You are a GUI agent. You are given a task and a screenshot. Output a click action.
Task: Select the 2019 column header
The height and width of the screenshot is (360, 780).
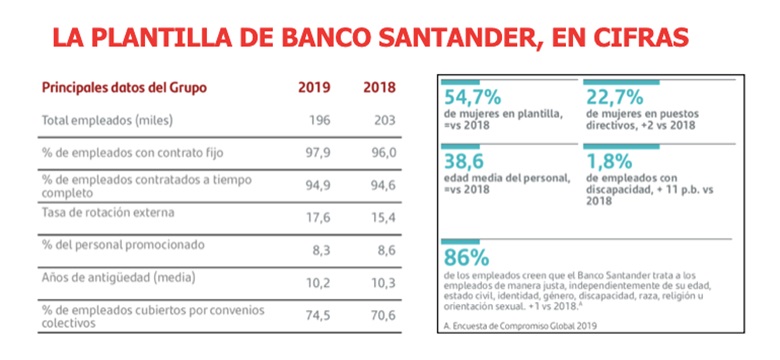click(314, 88)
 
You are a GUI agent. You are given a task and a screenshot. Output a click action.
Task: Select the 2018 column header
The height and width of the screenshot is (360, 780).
click(378, 88)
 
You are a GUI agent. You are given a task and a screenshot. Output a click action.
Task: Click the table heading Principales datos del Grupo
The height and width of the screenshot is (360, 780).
click(126, 88)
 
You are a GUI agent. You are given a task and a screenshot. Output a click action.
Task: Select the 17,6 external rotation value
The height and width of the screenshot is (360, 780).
click(316, 216)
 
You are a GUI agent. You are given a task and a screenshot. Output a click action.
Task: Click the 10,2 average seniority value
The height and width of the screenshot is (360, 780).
click(316, 284)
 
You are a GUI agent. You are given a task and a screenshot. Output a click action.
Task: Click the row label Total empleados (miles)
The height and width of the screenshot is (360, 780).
click(108, 121)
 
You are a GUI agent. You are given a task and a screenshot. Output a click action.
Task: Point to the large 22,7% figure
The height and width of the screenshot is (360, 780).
click(617, 96)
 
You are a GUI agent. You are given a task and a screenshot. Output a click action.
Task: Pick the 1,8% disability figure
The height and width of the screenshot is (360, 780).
click(610, 162)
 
